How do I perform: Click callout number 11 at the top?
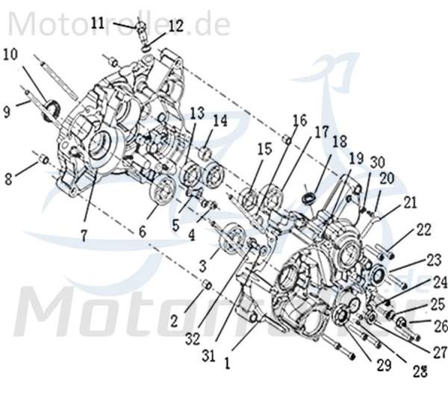click(98, 23)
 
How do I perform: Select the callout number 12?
click(175, 27)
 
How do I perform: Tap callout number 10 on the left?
click(10, 54)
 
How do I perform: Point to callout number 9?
click(7, 111)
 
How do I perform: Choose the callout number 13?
click(196, 113)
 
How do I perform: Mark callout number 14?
click(220, 121)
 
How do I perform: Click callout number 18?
click(340, 141)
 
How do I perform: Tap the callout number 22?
click(423, 230)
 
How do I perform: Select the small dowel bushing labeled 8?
click(43, 159)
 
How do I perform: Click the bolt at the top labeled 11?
click(141, 30)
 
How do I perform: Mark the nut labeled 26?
click(401, 322)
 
